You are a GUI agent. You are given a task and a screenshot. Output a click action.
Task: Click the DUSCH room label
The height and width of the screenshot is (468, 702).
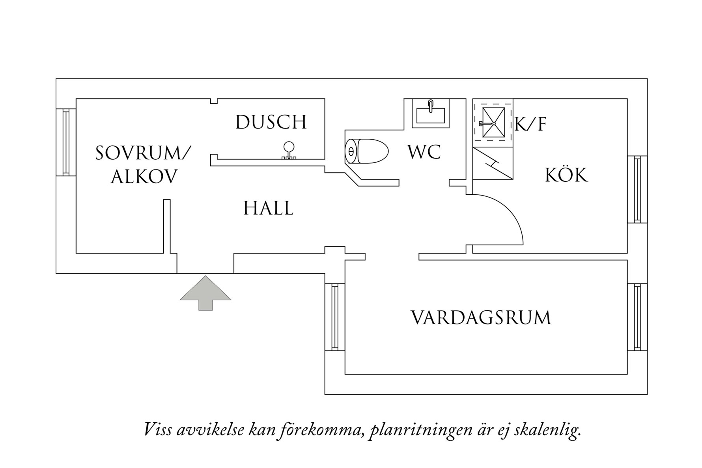(271, 122)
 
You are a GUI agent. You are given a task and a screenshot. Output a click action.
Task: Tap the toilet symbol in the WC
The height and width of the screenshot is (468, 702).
(367, 151)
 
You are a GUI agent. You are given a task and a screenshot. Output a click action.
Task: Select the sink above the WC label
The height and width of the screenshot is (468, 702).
(431, 114)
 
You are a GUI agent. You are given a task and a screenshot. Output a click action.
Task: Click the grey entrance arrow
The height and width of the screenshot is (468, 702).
(205, 293)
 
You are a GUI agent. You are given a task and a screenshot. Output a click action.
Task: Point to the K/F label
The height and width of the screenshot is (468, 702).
(531, 125)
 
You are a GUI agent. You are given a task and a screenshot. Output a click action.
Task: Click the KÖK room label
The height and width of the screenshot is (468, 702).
(566, 175)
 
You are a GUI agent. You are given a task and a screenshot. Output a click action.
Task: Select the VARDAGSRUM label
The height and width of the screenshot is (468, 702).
(481, 318)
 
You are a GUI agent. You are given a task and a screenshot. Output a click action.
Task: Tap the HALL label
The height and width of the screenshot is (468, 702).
(268, 208)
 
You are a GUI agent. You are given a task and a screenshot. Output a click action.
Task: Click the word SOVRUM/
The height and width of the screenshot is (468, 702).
(143, 153)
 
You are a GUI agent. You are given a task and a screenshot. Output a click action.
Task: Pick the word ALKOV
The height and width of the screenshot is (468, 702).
(144, 177)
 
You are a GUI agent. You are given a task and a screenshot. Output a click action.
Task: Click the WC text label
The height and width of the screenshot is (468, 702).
(424, 152)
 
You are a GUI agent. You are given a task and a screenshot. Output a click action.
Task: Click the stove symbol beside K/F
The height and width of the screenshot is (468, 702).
(493, 123)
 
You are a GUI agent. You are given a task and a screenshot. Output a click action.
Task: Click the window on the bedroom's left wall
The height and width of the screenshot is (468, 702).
(66, 142)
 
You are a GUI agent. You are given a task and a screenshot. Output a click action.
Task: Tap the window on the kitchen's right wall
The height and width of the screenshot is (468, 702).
(637, 189)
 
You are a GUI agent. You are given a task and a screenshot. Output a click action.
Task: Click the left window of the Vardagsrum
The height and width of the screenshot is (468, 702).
(335, 317)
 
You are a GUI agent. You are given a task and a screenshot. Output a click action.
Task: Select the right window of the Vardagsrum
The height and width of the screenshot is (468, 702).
(637, 317)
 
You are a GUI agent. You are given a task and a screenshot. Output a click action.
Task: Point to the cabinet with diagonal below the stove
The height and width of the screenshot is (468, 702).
(493, 163)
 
